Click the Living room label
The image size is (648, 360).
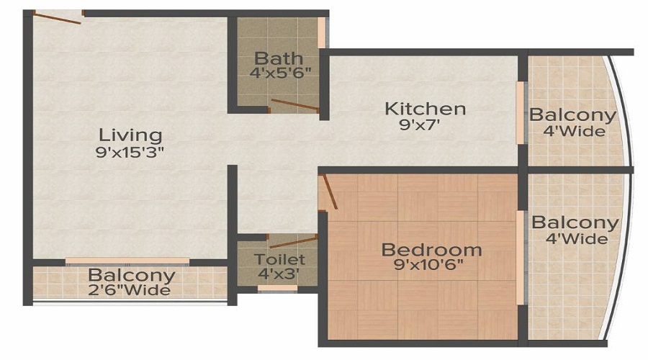[130, 135]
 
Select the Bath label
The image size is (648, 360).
[278, 58]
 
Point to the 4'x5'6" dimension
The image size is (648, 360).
[278, 73]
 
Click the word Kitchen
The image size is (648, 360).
[425, 109]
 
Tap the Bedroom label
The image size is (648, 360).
[431, 250]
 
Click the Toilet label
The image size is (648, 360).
[279, 259]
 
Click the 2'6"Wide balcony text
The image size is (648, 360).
[130, 290]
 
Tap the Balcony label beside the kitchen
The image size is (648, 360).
[573, 115]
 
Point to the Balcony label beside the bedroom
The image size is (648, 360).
[575, 223]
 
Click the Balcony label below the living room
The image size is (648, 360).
[131, 275]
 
